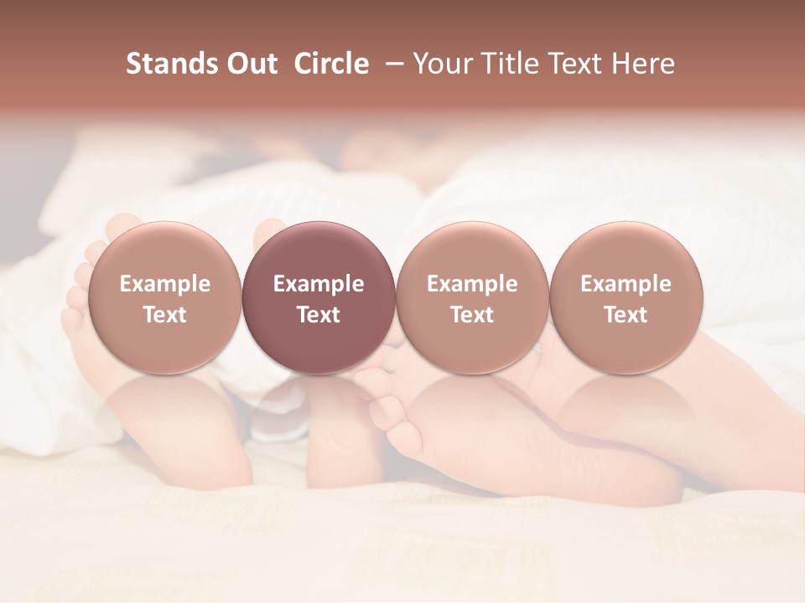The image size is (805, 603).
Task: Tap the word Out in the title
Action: pos(250,64)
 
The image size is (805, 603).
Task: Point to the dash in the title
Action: pos(391,64)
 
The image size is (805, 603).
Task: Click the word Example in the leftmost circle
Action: pos(165,284)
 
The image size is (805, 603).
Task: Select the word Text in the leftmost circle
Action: pos(165,315)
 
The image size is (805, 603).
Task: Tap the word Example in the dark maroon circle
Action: pos(319,284)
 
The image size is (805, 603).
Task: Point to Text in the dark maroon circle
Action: pos(319,315)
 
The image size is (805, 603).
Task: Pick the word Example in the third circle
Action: pos(472,284)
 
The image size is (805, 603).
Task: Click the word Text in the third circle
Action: pos(472,315)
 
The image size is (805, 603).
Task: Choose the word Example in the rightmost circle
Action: pos(626,284)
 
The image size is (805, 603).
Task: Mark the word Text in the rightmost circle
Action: pos(626,315)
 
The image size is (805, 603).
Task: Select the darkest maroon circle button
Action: pos(319,251)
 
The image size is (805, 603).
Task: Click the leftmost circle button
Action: pos(165,251)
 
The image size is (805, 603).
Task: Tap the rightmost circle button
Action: pos(626,251)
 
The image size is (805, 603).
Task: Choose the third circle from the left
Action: pos(472,251)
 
